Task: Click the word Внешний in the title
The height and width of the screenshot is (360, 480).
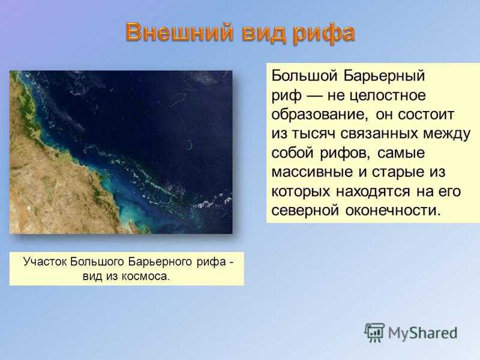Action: coord(179,32)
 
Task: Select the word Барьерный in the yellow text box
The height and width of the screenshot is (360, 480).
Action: coord(384,76)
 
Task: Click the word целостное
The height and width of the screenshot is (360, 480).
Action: coord(388,95)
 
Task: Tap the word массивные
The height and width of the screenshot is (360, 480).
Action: coord(313,172)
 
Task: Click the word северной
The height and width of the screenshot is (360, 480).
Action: coord(305,211)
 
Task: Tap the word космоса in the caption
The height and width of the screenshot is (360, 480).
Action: coord(145,277)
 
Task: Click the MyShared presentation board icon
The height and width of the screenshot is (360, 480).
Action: coord(374,332)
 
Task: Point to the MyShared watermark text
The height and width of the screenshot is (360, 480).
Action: coord(423,333)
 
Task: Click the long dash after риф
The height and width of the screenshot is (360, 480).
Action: coord(314,96)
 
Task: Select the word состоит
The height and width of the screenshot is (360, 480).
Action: coord(426,115)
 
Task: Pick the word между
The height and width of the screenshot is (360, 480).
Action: coord(445,134)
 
